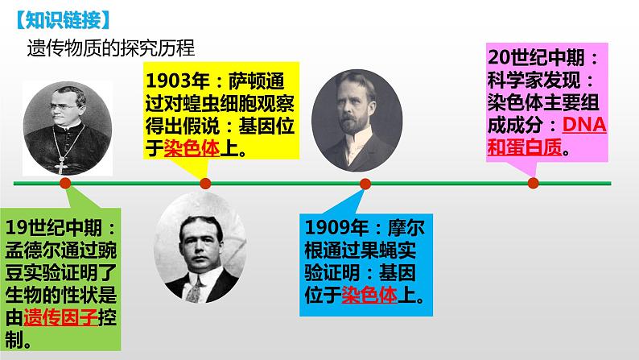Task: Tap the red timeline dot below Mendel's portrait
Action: (x=66, y=184)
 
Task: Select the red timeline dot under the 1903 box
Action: (x=204, y=184)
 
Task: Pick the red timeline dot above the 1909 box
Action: (x=365, y=184)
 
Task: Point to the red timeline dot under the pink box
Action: (x=533, y=183)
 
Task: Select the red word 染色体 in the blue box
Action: (x=369, y=294)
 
